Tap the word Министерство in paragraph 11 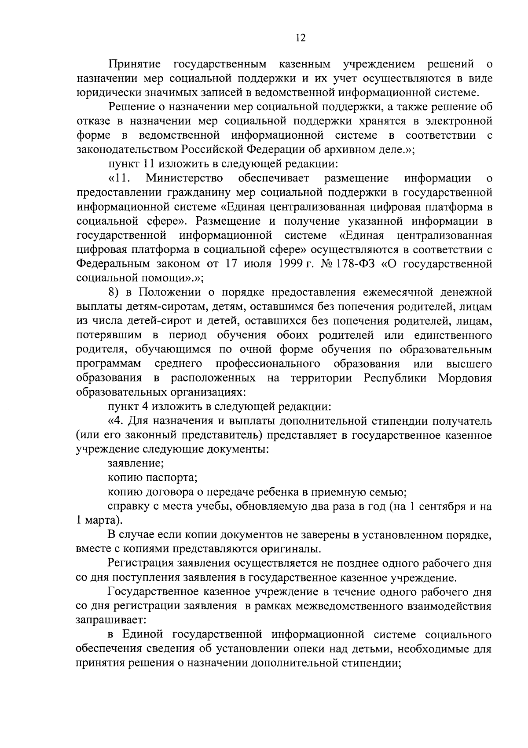pyautogui.click(x=184, y=178)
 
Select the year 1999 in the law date pyautogui.click(x=293, y=264)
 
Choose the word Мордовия pyautogui.click(x=465, y=378)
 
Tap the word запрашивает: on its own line pyautogui.click(x=108, y=620)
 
